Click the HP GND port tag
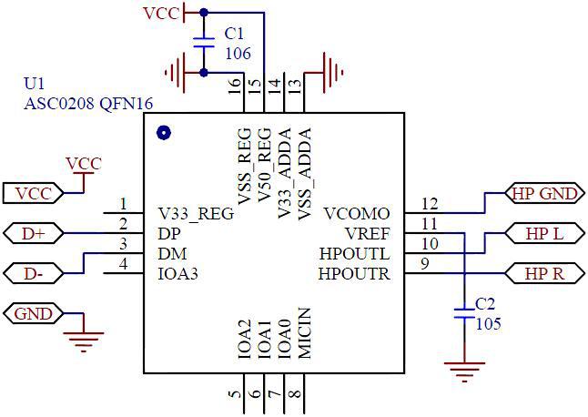(x=544, y=194)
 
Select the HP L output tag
(x=544, y=234)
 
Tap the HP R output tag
(x=544, y=272)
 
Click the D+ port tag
(x=33, y=233)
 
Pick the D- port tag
(x=33, y=272)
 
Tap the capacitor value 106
(x=238, y=54)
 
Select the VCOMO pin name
(x=357, y=214)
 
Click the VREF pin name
(x=368, y=233)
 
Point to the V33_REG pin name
(x=195, y=214)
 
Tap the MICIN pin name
(x=304, y=334)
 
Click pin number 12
(x=430, y=204)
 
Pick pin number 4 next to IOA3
(x=123, y=264)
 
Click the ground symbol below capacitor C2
(x=464, y=371)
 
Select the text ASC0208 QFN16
(x=87, y=103)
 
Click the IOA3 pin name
(x=178, y=272)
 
